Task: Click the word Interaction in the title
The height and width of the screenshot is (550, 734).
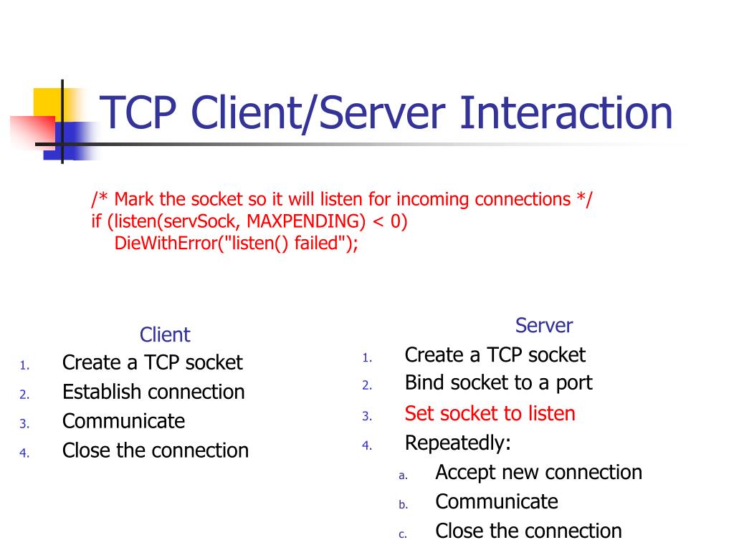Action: (566, 113)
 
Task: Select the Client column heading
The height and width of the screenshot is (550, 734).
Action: (165, 334)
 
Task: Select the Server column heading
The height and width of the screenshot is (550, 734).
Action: (544, 326)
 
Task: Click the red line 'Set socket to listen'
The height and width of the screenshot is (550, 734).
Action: (490, 413)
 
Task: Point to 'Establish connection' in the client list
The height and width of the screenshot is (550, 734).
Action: (153, 392)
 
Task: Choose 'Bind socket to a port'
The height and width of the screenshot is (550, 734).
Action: (498, 382)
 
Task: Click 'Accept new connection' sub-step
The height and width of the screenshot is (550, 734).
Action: (538, 473)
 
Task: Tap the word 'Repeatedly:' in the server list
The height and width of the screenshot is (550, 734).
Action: (457, 443)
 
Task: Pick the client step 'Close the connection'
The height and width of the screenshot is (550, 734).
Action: (156, 450)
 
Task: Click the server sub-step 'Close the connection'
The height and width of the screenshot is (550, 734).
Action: (528, 531)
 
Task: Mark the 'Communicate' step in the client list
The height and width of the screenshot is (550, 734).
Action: (123, 421)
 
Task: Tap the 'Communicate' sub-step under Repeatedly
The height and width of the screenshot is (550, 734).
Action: (496, 501)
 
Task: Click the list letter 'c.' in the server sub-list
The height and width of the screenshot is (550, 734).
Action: (403, 534)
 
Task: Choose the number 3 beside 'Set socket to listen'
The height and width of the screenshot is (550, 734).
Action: (366, 416)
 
